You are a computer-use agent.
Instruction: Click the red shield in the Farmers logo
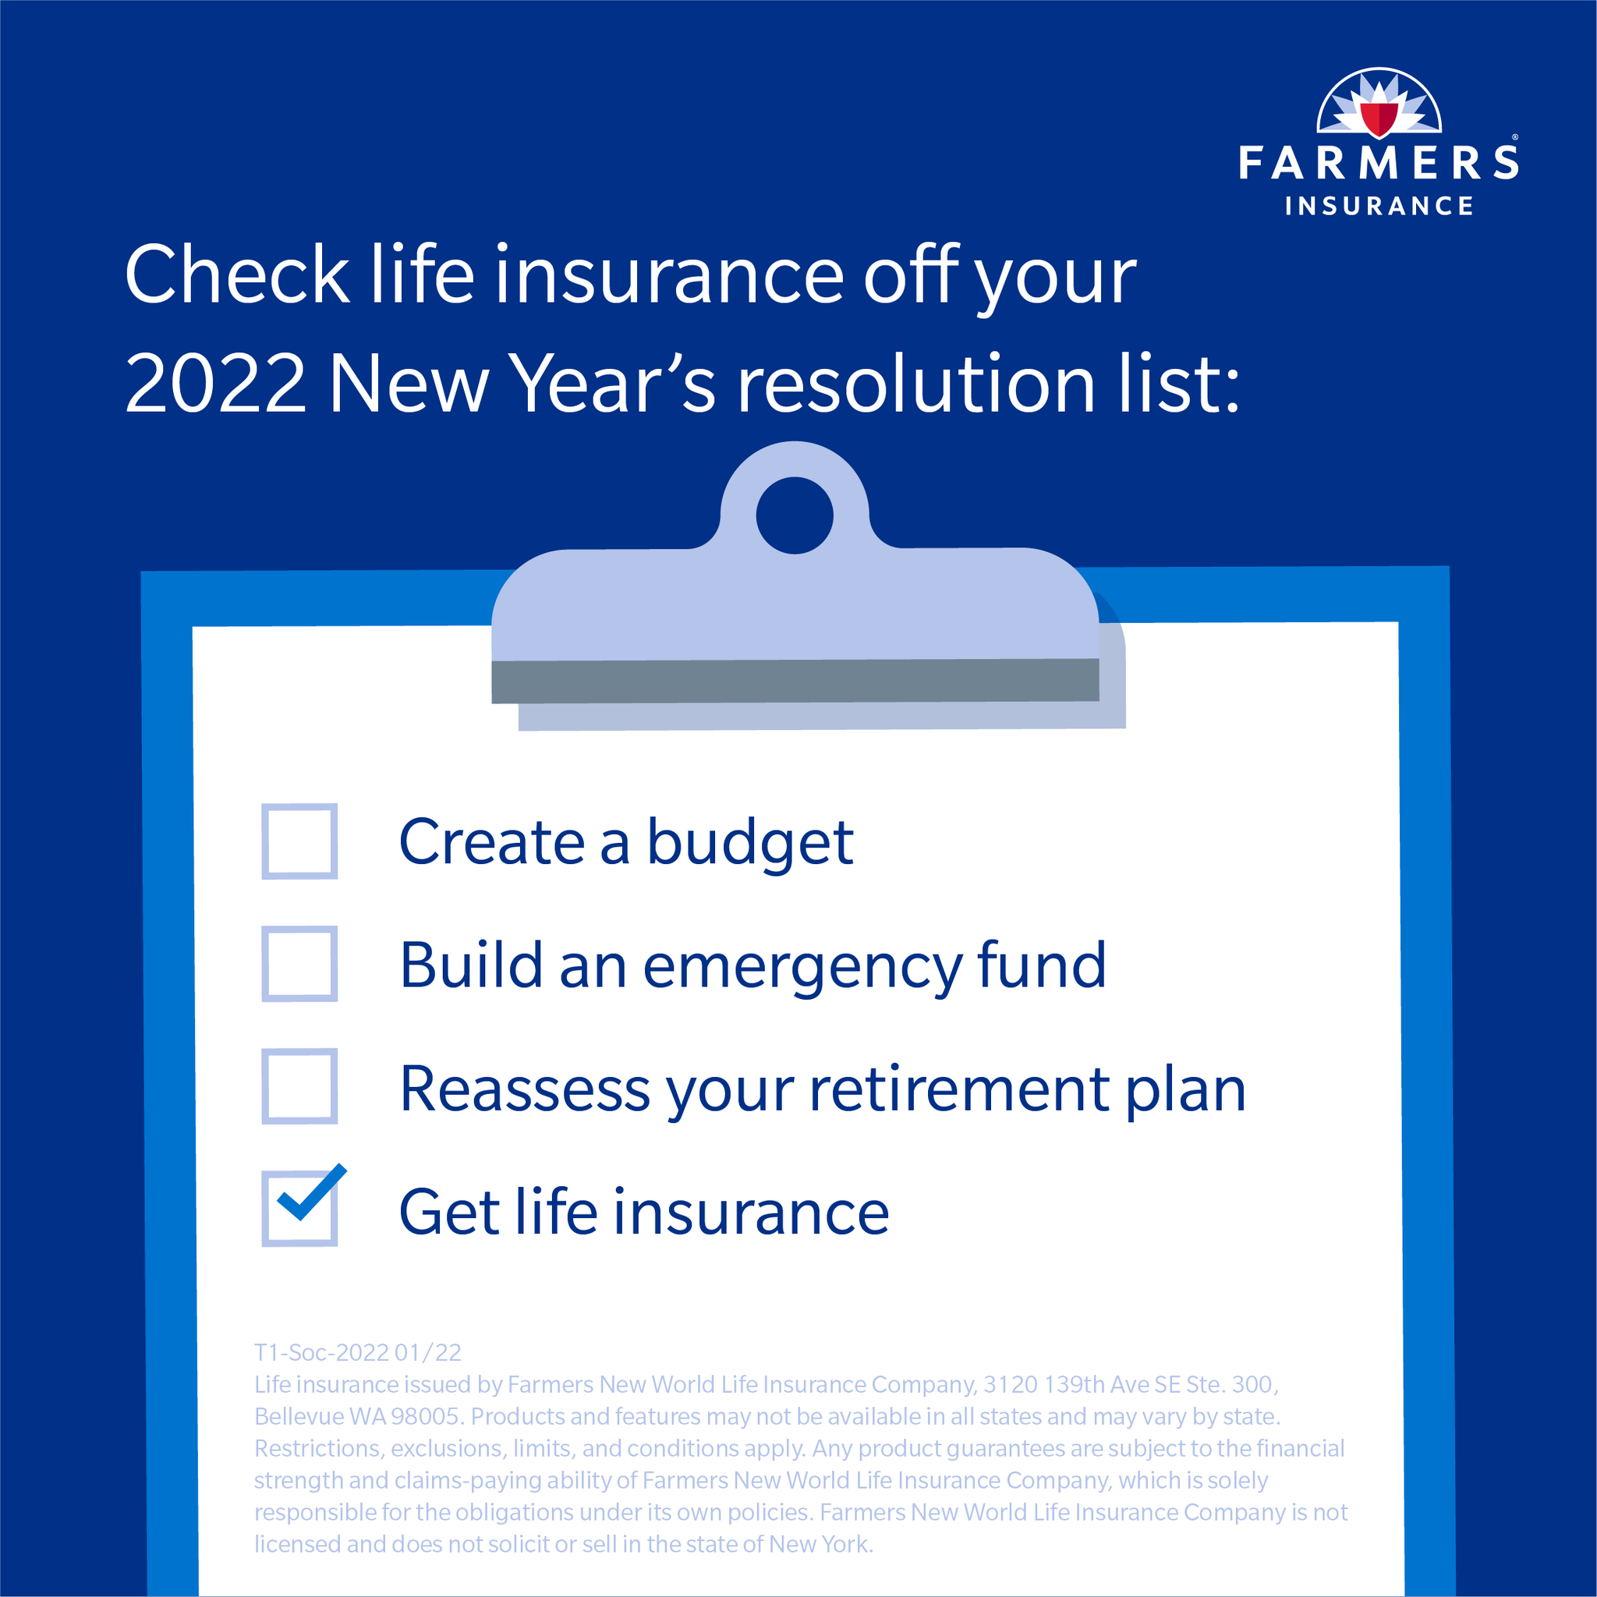[1379, 119]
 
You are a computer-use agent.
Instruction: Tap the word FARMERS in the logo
[1378, 162]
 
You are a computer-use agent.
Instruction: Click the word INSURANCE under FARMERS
[1379, 206]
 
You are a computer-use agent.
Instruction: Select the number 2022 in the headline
[216, 383]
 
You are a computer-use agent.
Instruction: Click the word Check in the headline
[237, 274]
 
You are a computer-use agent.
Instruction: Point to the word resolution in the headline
[916, 383]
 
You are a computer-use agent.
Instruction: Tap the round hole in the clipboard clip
[795, 515]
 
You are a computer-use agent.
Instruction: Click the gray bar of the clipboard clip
[795, 681]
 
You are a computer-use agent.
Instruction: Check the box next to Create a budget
[299, 841]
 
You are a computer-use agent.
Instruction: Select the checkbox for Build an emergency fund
[299, 964]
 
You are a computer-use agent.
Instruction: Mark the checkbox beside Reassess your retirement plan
[299, 1086]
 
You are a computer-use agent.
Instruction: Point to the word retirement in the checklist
[959, 1089]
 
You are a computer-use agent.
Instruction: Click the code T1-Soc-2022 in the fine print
[320, 1352]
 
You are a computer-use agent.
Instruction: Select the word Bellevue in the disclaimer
[299, 1416]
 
